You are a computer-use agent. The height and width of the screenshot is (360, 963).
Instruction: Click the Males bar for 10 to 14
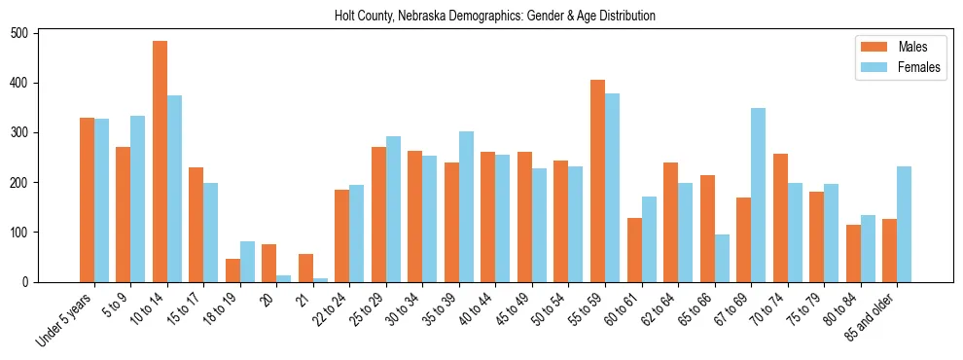coord(160,162)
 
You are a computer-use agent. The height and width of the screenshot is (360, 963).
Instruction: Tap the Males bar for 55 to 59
coord(598,181)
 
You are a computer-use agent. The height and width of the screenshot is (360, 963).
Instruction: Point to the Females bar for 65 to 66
coord(722,258)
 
